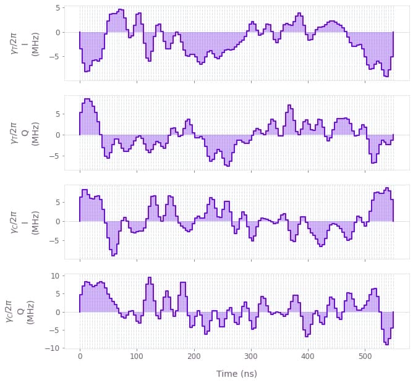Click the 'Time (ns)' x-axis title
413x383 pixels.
(237, 374)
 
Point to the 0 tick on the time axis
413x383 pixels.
(80, 357)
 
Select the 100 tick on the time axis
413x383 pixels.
(137, 357)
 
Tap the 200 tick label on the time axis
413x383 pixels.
(194, 357)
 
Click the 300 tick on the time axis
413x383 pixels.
(251, 357)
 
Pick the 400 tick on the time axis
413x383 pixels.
(308, 357)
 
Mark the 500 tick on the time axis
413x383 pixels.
(365, 357)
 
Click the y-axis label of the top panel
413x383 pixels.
(23, 43)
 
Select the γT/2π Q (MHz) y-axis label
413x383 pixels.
(23, 132)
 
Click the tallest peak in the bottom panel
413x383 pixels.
(148, 278)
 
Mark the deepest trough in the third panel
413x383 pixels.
(113, 255)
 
